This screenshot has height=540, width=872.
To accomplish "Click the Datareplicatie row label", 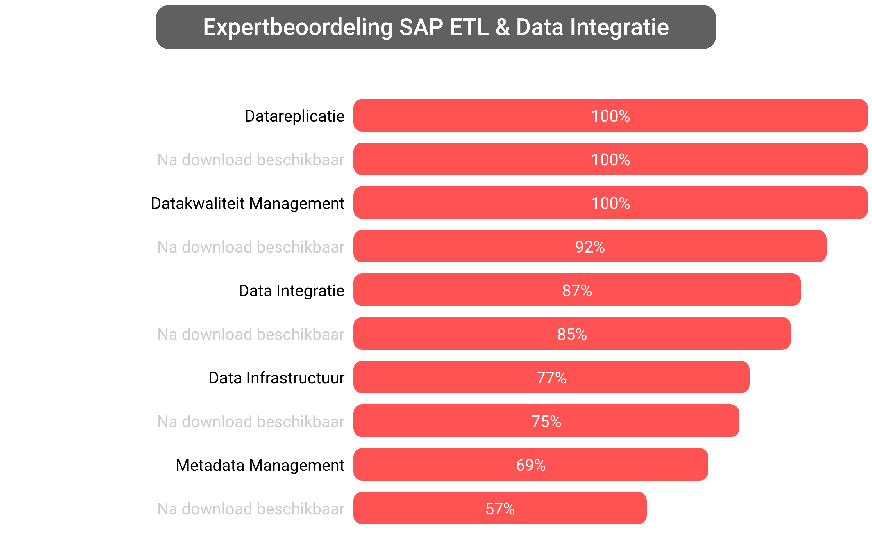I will pos(294,116).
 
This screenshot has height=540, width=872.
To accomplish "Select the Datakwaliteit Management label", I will pos(247,203).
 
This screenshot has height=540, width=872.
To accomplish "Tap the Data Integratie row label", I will pos(291,290).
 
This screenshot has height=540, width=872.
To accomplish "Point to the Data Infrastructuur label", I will pos(276,378).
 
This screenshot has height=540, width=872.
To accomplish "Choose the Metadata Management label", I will pos(260,465).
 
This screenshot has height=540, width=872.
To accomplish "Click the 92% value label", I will pos(590,247).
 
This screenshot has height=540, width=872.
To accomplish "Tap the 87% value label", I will pos(577,290).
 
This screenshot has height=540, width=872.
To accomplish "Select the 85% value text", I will pos(572,334).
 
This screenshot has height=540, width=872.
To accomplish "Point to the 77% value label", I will pos(551,378).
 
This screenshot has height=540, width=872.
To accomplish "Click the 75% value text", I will pos(546,421).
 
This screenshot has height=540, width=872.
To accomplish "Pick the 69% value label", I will pos(530,465).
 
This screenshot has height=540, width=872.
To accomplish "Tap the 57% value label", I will pos(500,509).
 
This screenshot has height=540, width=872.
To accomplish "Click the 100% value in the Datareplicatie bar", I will pos(610,116).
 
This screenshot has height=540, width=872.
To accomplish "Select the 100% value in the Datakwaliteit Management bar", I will pos(610,203).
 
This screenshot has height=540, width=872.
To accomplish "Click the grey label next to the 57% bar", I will pos(251,509).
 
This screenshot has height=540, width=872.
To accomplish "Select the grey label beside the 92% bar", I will pos(251,247).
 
